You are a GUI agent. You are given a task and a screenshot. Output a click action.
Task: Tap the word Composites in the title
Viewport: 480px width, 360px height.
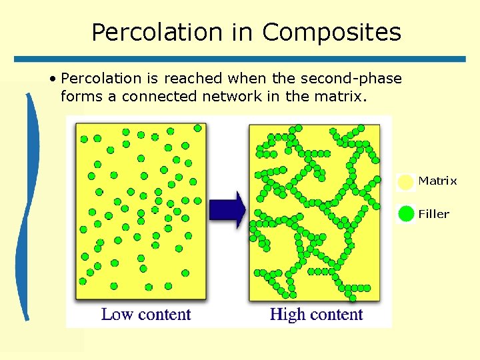(331, 32)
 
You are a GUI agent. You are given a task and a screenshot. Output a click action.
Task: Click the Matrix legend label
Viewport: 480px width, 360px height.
(437, 181)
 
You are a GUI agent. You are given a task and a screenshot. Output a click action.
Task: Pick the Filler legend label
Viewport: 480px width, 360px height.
(434, 214)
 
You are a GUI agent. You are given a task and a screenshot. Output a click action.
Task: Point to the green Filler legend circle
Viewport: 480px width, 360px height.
(406, 214)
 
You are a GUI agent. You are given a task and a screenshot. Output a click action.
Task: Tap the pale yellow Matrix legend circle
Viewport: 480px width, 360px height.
(405, 182)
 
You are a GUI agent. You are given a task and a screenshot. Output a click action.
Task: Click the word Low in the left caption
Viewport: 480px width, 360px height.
(117, 314)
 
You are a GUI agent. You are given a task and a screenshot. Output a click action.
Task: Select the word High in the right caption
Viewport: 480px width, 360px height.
(287, 314)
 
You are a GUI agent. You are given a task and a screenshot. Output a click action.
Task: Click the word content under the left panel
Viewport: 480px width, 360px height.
(164, 315)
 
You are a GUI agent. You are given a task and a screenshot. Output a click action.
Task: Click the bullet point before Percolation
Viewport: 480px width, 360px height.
(51, 79)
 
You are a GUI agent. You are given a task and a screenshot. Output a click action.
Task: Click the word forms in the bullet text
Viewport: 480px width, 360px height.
(81, 96)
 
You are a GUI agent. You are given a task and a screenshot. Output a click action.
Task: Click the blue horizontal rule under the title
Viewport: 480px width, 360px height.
(240, 59)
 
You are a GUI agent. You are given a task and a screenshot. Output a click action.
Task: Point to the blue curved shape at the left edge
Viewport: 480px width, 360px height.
(28, 207)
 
